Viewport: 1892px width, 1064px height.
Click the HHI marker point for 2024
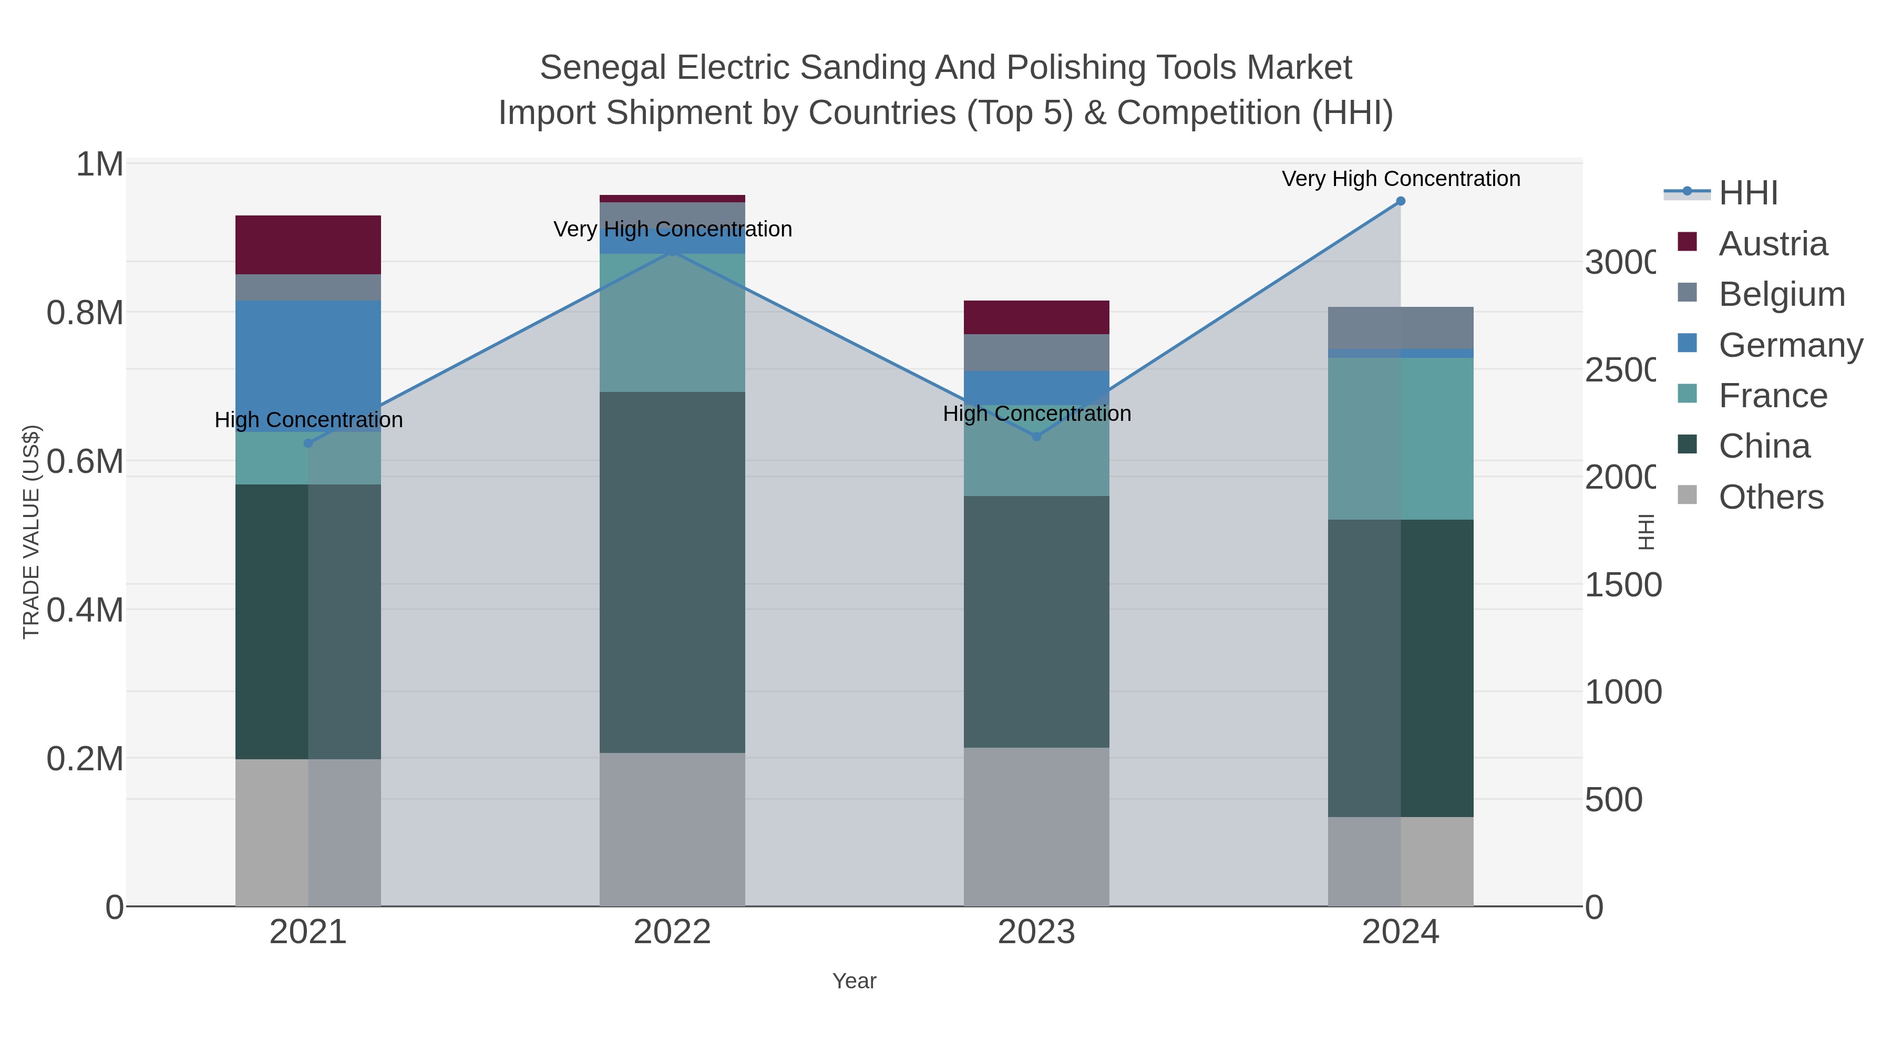[1401, 201]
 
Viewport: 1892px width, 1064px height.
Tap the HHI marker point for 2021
[309, 443]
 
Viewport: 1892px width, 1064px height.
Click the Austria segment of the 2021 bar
[308, 244]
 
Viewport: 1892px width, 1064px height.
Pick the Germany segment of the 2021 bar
[308, 365]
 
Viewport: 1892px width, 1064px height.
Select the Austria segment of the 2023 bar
[1036, 317]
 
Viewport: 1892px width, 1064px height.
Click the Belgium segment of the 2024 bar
[1401, 327]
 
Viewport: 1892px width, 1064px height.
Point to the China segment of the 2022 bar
[672, 572]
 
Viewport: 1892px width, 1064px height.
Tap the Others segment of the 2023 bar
[1036, 827]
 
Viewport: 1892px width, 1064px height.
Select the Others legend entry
[1771, 497]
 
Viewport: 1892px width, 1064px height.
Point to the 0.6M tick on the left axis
[85, 462]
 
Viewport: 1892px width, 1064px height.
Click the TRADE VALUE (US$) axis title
[31, 532]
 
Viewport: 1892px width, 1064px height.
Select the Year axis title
[854, 981]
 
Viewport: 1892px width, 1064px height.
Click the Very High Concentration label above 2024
[1401, 179]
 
